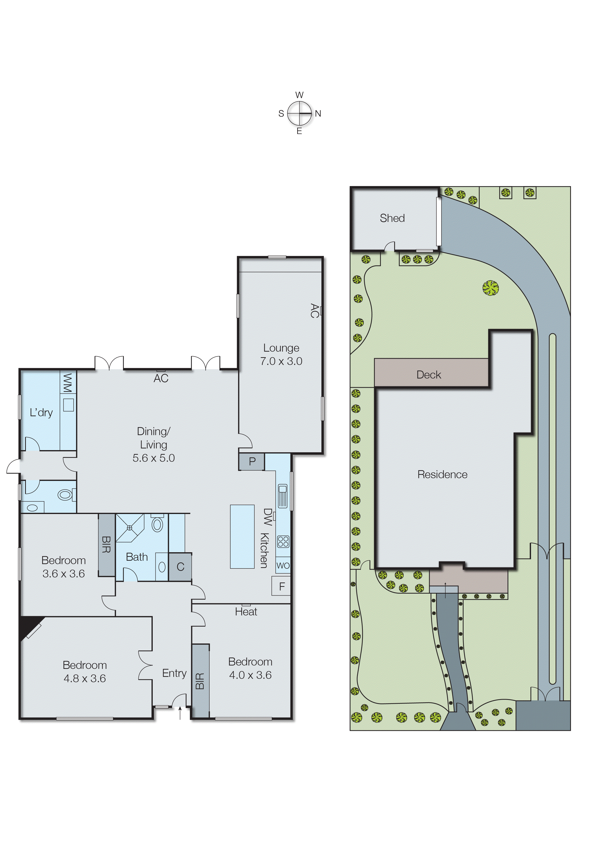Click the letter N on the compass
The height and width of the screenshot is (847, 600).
click(x=318, y=114)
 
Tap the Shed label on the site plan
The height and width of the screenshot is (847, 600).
click(x=392, y=218)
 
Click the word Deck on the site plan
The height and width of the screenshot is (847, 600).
click(x=429, y=375)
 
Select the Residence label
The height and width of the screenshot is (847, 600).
click(x=442, y=475)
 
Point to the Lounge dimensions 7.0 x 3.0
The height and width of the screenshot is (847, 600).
click(x=281, y=361)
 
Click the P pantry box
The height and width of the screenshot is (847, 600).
click(x=252, y=461)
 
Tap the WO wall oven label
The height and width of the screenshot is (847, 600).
click(x=283, y=566)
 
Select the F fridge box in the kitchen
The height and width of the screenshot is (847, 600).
click(x=282, y=587)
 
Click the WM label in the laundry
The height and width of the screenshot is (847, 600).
click(x=68, y=383)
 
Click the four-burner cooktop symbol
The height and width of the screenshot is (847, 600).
click(x=283, y=542)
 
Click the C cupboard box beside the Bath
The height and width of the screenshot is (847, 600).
click(x=180, y=567)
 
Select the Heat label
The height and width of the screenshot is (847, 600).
click(x=246, y=612)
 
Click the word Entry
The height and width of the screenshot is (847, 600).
click(x=174, y=673)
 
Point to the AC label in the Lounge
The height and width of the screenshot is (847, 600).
click(x=314, y=311)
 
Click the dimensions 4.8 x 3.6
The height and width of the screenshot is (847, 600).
click(x=85, y=679)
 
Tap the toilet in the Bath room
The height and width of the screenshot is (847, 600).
click(x=157, y=524)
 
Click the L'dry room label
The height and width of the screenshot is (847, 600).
click(x=41, y=413)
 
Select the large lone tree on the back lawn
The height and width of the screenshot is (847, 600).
click(x=491, y=288)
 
